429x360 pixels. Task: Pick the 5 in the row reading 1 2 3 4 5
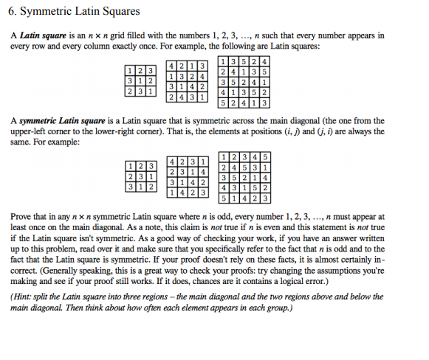point(266,156)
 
